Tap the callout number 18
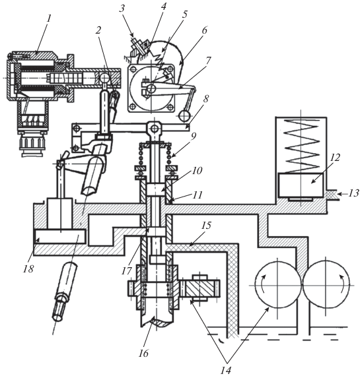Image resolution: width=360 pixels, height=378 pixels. (28, 268)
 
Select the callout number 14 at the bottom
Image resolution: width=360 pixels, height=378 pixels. (227, 370)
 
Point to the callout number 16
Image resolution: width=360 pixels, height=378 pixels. (143, 354)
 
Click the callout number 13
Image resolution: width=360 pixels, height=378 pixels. (353, 193)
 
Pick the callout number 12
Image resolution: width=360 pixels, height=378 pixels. (336, 158)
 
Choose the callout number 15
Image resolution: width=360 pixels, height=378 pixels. (206, 226)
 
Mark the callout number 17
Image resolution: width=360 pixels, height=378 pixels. (127, 270)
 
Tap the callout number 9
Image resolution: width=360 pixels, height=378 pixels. (193, 136)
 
